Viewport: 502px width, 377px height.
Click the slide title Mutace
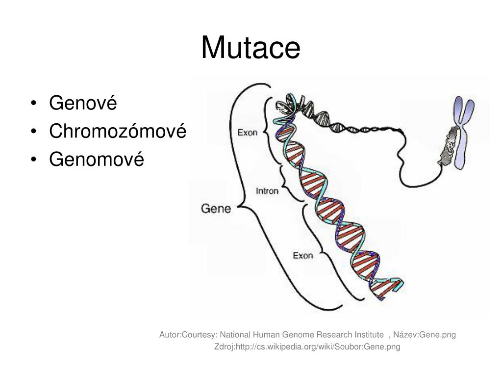(251, 48)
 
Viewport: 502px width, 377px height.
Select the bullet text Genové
(83, 104)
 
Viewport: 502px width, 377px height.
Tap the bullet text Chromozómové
(118, 132)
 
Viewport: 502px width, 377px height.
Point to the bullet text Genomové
(97, 160)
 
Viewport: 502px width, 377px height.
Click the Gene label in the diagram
(216, 208)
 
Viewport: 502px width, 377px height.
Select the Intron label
(267, 191)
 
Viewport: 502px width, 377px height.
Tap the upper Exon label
(247, 132)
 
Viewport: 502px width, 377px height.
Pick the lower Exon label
(302, 255)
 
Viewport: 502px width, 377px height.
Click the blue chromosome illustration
(462, 133)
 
